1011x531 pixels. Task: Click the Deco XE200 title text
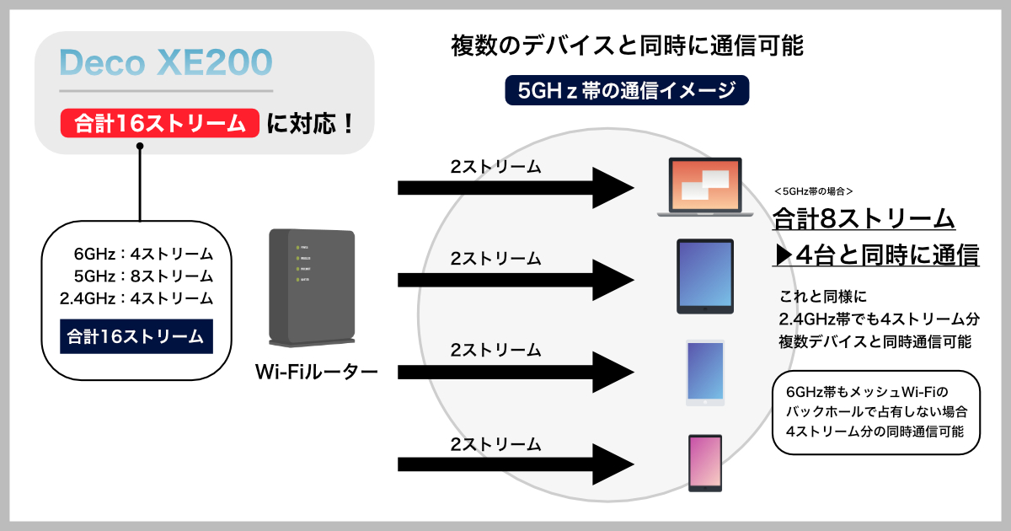pos(166,63)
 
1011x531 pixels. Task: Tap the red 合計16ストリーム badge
pos(158,124)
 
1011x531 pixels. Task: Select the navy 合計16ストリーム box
pos(136,336)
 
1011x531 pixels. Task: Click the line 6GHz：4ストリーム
pos(143,255)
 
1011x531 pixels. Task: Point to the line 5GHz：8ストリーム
pos(143,276)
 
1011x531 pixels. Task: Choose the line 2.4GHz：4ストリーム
pos(136,298)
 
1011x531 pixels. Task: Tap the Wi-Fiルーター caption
pos(316,371)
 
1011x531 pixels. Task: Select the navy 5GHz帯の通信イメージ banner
pos(627,91)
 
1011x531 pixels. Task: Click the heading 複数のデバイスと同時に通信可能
pos(628,46)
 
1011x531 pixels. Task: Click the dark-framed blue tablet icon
pos(705,276)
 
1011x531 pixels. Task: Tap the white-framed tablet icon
pos(705,373)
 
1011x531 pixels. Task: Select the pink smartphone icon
pos(705,463)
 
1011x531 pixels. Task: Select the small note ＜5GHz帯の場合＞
pos(813,191)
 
